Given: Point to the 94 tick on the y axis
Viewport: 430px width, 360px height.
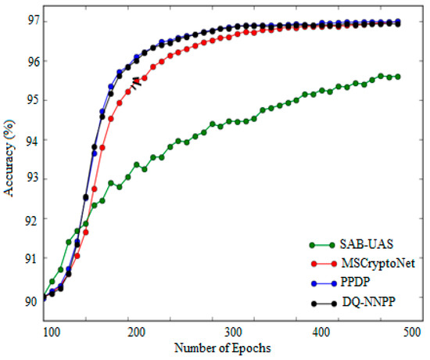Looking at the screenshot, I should [x=31, y=140].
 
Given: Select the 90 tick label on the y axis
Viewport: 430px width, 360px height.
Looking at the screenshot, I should [x=31, y=299].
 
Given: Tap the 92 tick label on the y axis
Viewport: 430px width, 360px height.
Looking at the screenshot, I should [x=31, y=220].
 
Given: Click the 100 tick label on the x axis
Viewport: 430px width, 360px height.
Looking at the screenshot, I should [x=52, y=333].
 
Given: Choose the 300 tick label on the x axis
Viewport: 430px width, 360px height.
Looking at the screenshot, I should [x=231, y=333].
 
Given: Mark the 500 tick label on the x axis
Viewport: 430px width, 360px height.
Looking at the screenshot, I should [x=409, y=333].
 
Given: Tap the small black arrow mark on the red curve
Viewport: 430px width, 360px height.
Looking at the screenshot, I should [x=136, y=81].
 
